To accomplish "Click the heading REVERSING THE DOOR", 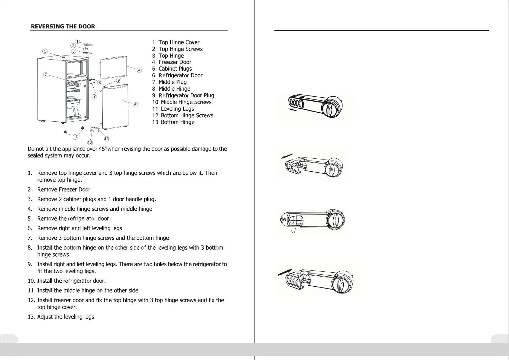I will click(x=63, y=26).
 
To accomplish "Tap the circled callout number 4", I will click(x=139, y=70).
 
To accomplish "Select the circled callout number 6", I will click(x=135, y=105).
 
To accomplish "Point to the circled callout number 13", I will click(x=106, y=139).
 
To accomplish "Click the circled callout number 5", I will click(x=45, y=51).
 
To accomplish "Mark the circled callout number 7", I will click(x=45, y=75).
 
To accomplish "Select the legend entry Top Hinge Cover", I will click(x=176, y=42).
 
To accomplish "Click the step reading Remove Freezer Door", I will click(x=64, y=190).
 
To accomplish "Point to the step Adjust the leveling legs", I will click(x=66, y=317).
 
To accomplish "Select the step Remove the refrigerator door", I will click(x=74, y=218).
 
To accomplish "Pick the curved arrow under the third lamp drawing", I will click(x=293, y=232).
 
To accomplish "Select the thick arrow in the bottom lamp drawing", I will click(x=285, y=272).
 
